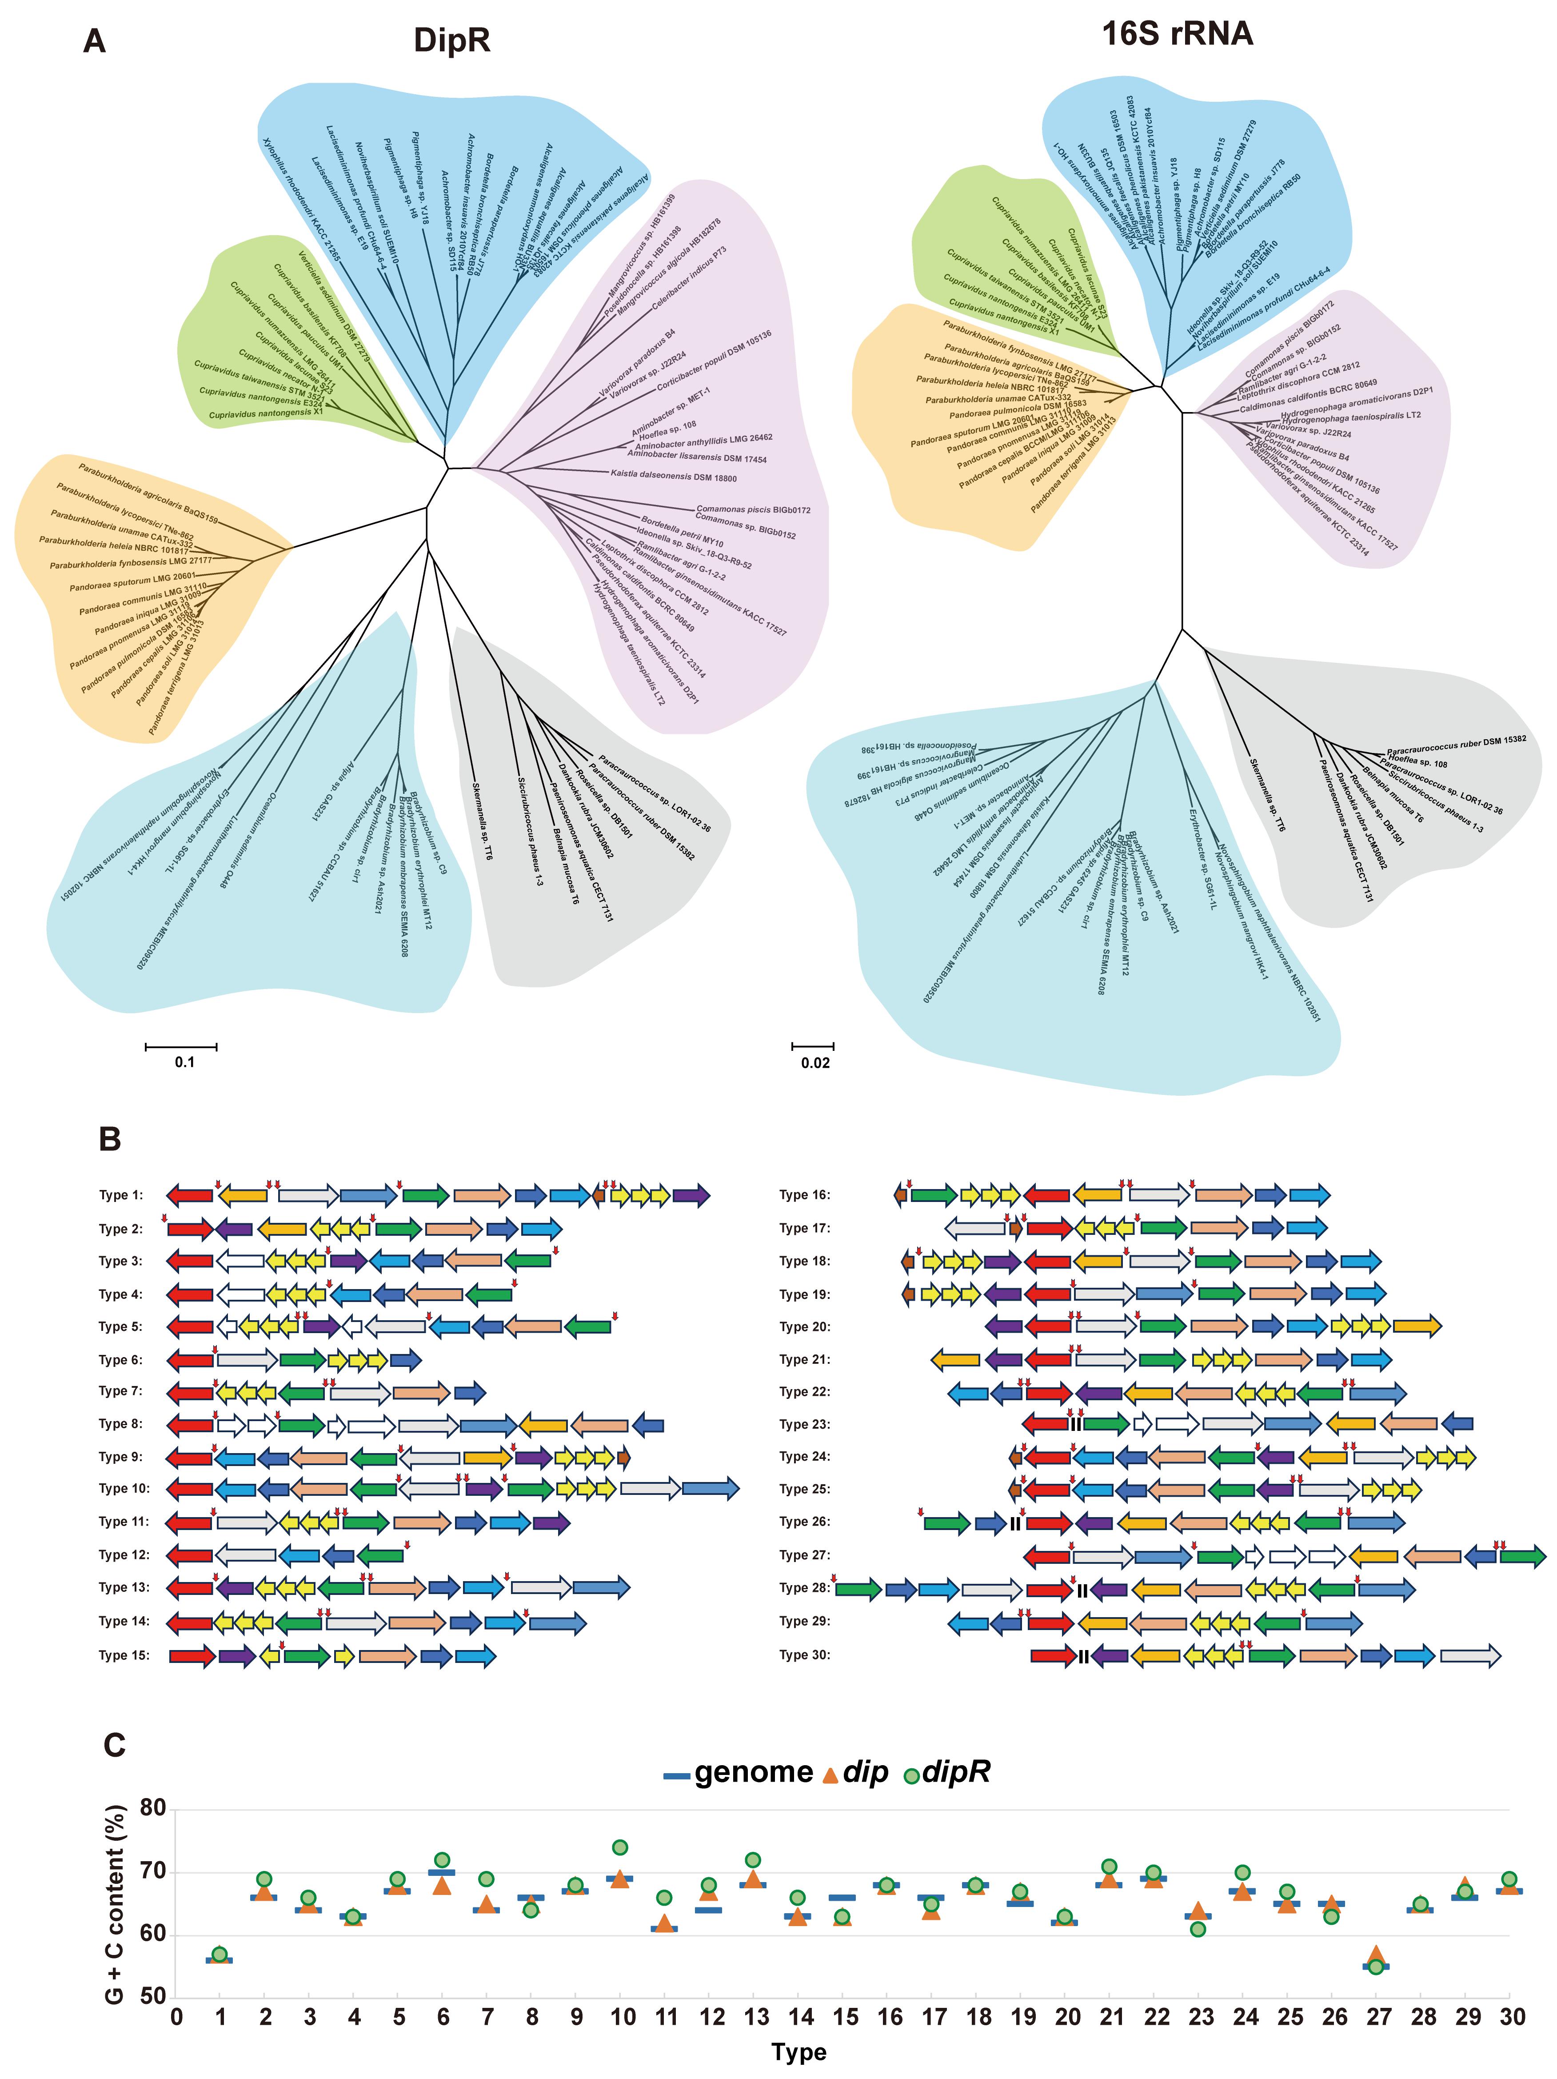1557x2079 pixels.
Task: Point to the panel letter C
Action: (x=114, y=1744)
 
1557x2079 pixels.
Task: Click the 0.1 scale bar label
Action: (x=184, y=1062)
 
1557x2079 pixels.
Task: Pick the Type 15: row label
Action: (x=124, y=1655)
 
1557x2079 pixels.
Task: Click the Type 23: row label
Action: (x=804, y=1424)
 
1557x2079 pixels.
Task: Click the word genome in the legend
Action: (x=754, y=1773)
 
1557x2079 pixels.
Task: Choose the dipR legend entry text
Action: (x=957, y=1773)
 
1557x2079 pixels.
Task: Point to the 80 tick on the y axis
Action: (x=152, y=1808)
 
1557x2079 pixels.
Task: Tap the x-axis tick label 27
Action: (x=1377, y=2017)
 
